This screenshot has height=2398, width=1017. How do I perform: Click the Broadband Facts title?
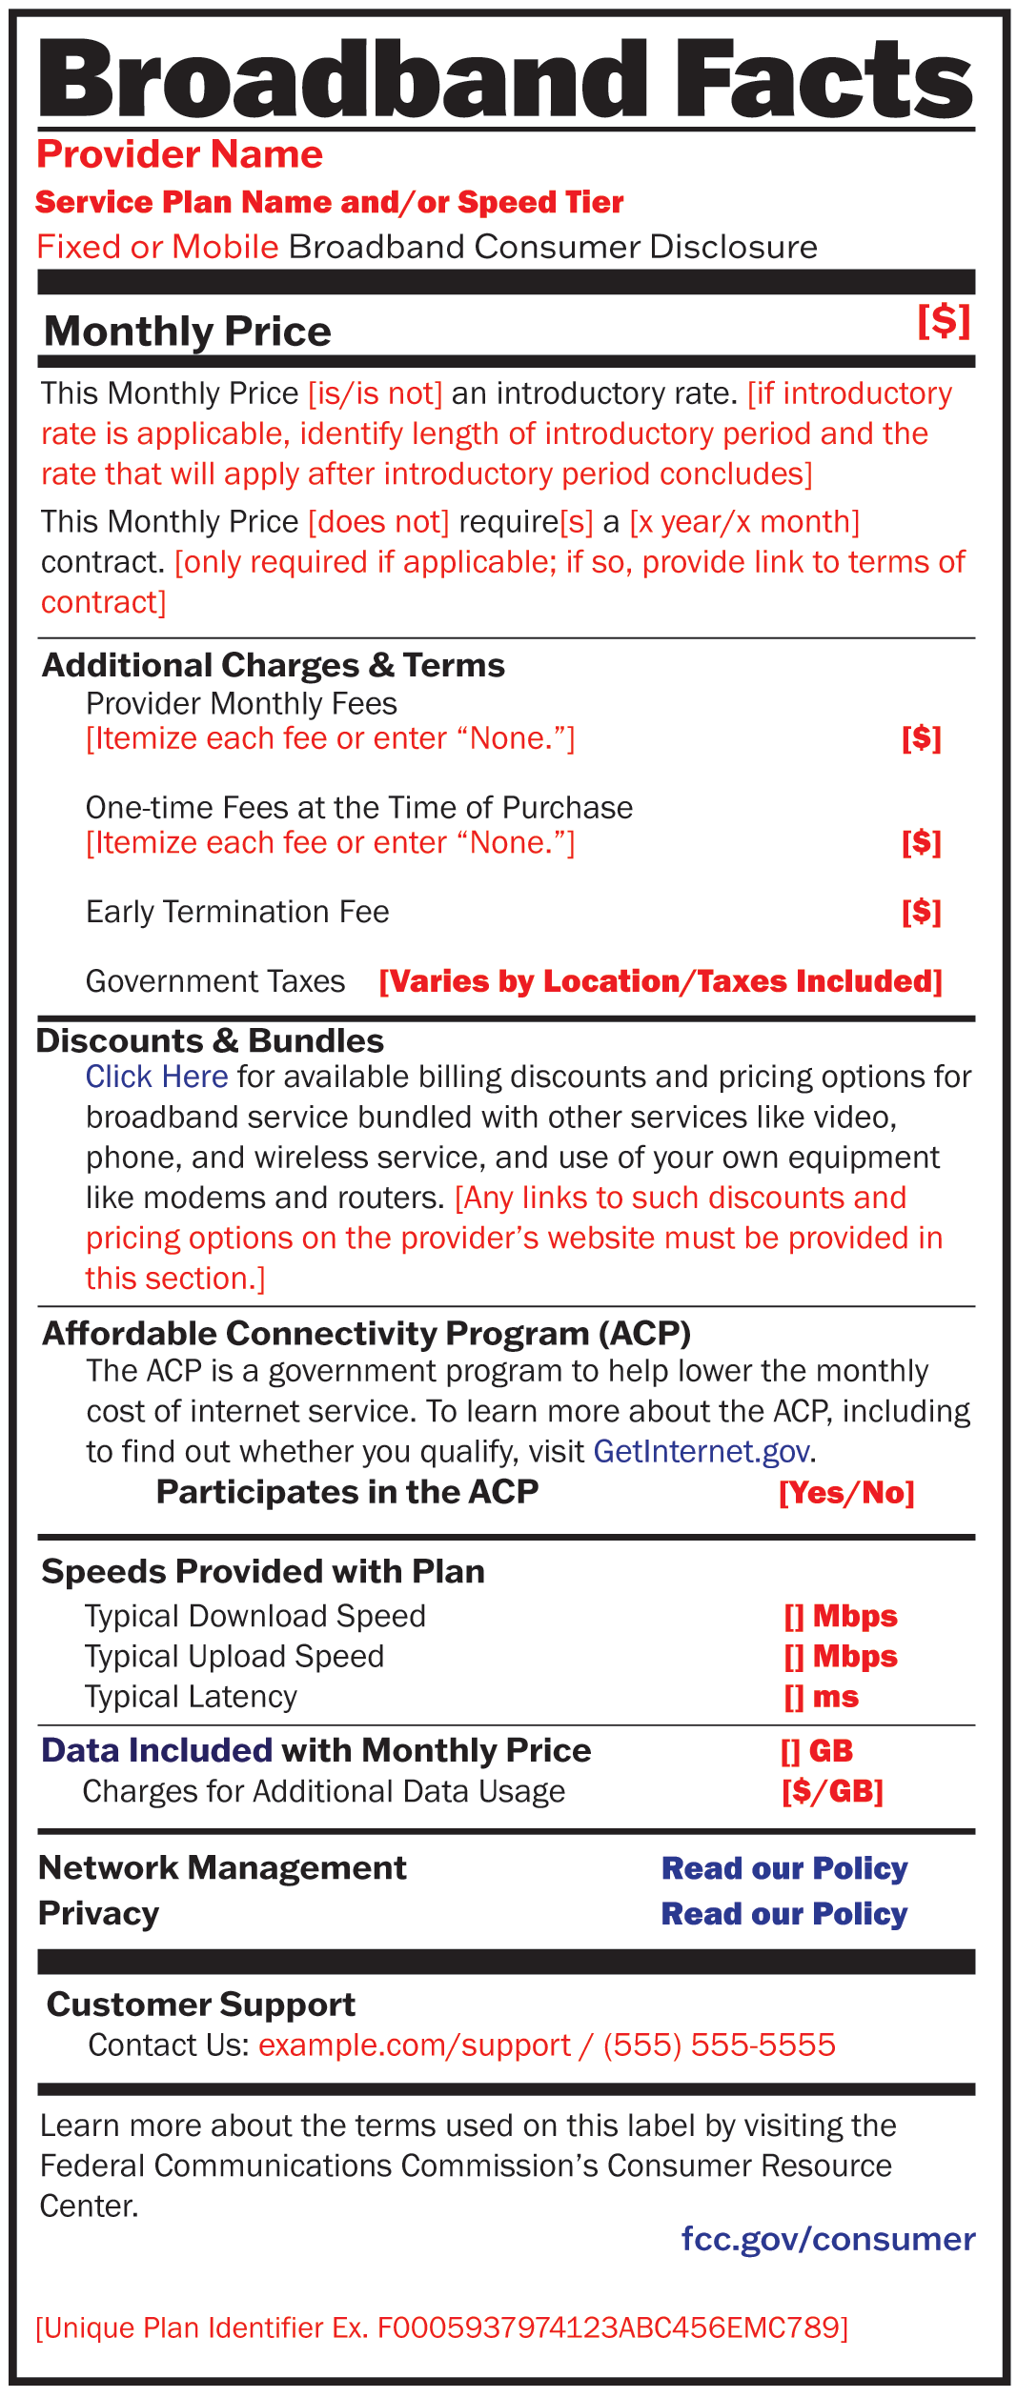point(506,78)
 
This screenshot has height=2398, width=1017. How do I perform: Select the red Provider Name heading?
point(179,154)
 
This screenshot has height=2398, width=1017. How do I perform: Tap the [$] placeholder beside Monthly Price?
point(944,321)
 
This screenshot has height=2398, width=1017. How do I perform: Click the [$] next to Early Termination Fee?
point(921,912)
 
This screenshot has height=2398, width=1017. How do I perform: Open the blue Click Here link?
point(156,1077)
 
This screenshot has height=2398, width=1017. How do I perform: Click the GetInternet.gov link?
point(702,1451)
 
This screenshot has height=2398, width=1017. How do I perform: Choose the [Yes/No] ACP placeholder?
point(846,1492)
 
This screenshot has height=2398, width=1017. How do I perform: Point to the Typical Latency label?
point(191,1697)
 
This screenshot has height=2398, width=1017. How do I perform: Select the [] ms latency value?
point(821,1697)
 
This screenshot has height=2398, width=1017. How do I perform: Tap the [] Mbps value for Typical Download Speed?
point(840,1616)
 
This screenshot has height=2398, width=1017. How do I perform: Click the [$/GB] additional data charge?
point(832,1791)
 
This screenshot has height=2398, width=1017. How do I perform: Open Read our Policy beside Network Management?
point(784,1868)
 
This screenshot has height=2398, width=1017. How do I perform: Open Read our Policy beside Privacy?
point(784,1914)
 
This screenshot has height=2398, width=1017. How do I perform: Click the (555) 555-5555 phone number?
point(719,2045)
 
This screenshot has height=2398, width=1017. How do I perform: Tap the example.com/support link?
point(415,2045)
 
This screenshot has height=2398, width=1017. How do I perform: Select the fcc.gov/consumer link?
point(827,2238)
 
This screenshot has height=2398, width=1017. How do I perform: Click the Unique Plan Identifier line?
point(441,2327)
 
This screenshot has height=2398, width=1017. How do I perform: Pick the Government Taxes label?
point(215,981)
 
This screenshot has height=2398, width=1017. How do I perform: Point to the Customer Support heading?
point(201,2005)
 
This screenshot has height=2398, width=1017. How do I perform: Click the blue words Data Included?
point(157,1750)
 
